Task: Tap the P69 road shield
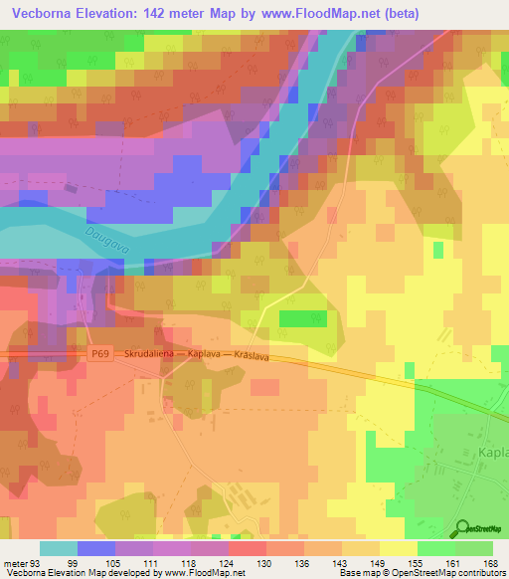[x=99, y=354]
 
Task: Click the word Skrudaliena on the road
[x=155, y=354]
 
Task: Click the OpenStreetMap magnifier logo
[x=462, y=530]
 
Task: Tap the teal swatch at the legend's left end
[x=58, y=549]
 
